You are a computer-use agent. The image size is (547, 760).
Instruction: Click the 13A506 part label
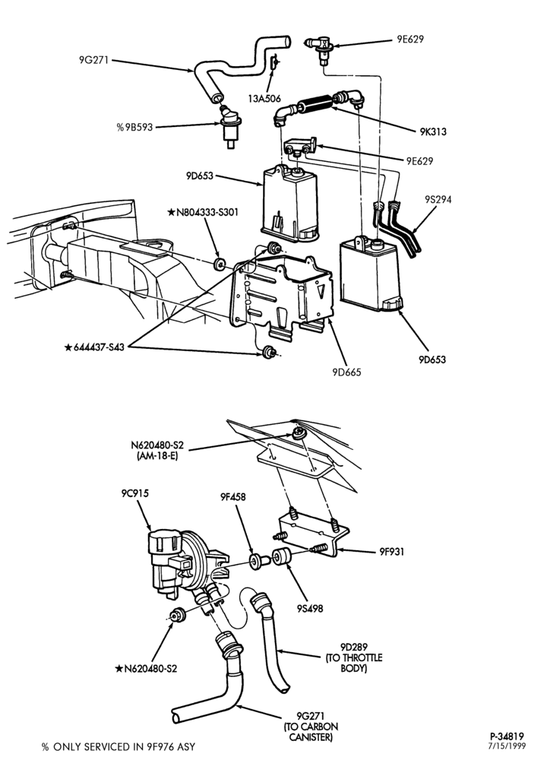click(264, 98)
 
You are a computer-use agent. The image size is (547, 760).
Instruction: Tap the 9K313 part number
click(433, 131)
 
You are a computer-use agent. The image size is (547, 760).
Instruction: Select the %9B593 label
click(134, 127)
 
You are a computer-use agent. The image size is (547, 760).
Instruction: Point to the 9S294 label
click(438, 199)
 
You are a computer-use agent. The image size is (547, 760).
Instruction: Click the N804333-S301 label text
click(203, 212)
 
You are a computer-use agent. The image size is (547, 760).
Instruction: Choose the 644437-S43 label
click(94, 347)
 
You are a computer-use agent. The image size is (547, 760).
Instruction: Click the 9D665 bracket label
click(346, 372)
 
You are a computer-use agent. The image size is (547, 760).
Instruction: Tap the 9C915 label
click(135, 493)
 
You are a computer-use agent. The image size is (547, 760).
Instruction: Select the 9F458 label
click(232, 497)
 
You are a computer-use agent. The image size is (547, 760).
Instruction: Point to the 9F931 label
click(391, 552)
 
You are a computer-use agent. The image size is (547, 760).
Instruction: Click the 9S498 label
click(311, 608)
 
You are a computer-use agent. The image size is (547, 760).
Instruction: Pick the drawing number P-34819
click(506, 736)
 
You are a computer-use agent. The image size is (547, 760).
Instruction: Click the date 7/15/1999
click(507, 746)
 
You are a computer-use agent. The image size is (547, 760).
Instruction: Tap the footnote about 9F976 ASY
click(119, 747)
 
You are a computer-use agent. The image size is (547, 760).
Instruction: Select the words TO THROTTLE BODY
click(354, 663)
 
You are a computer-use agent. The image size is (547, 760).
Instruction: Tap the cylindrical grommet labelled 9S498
click(280, 556)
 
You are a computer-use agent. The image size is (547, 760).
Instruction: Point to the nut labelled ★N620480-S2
click(177, 615)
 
